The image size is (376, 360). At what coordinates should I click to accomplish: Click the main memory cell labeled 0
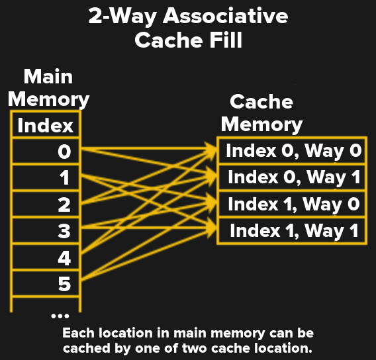coord(46,152)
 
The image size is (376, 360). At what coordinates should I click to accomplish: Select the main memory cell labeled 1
coord(46,178)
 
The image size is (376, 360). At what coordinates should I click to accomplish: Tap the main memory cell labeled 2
coord(46,204)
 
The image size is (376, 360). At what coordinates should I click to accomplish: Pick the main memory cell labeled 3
coord(46,231)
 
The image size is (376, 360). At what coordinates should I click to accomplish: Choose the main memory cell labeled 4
coord(46,257)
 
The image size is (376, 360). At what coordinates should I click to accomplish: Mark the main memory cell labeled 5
coord(46,284)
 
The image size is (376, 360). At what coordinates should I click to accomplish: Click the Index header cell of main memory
coord(46,125)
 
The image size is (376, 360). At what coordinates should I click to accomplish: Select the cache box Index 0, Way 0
coord(293,151)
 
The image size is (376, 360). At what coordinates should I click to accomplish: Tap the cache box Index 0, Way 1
coord(293,177)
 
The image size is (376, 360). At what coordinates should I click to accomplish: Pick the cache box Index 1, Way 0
coord(293,204)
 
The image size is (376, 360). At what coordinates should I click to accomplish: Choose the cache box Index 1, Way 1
coord(293,231)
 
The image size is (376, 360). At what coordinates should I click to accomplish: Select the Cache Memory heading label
coord(261,112)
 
